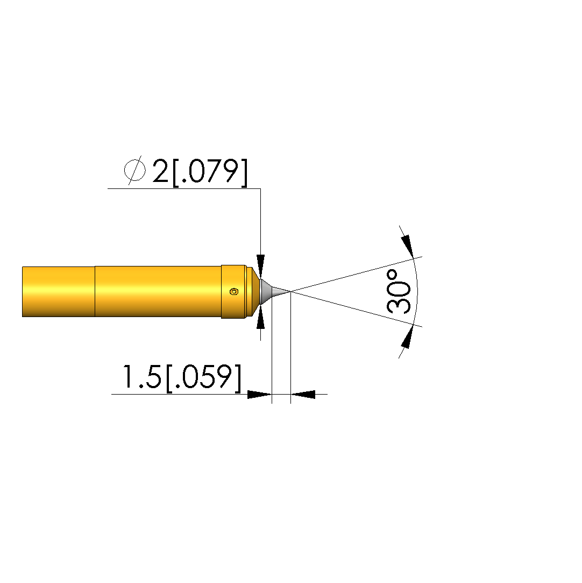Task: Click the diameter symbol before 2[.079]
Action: click(134, 170)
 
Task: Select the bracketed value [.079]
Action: click(210, 172)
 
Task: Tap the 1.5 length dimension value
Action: click(141, 376)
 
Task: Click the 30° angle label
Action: click(399, 292)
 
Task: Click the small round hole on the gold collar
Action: click(233, 292)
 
